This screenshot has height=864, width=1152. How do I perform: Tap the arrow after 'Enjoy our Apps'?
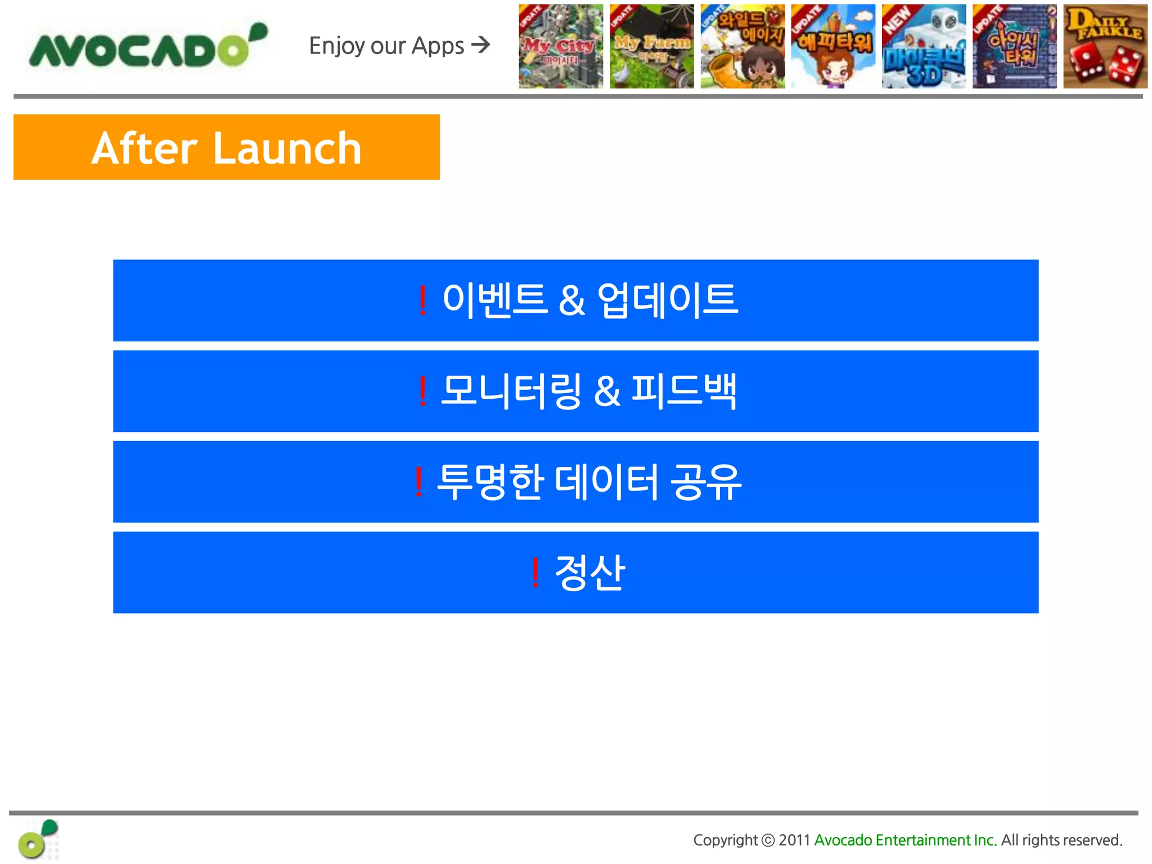point(481,44)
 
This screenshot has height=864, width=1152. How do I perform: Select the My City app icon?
point(561,47)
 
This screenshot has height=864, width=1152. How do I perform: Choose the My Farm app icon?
point(651,47)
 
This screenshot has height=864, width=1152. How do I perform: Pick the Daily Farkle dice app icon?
point(1105,47)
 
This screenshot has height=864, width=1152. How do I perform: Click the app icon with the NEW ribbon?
point(924,47)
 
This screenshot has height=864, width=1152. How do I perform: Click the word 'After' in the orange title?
point(144,148)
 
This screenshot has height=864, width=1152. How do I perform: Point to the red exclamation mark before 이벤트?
point(422,301)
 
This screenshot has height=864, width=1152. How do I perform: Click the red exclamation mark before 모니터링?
point(422,391)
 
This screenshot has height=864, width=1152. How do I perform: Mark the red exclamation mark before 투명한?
point(418,482)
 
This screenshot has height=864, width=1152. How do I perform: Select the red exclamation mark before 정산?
point(535,573)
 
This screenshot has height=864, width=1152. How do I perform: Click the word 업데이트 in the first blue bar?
point(667,300)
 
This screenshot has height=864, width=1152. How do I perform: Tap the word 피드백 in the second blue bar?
point(684,390)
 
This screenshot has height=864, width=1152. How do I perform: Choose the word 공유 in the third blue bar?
point(706,482)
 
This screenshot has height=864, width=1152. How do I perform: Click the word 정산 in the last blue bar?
point(589,573)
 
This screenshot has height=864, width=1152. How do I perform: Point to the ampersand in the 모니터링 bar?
point(607,391)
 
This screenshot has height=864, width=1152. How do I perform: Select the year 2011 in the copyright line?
point(794,840)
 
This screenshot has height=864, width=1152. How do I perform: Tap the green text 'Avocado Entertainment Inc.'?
point(905,840)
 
